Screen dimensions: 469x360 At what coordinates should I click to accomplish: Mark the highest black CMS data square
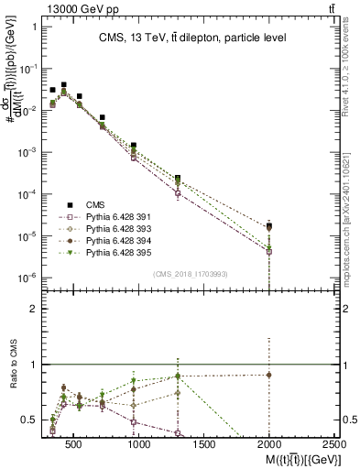click(63, 84)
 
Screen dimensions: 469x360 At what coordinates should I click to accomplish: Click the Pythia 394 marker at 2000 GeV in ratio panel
click(268, 375)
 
